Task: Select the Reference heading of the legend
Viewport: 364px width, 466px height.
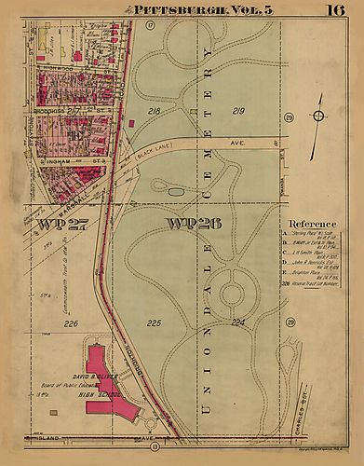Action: click(x=312, y=225)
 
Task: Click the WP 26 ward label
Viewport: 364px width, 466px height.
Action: click(x=188, y=223)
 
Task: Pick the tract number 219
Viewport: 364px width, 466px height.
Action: click(x=237, y=111)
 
